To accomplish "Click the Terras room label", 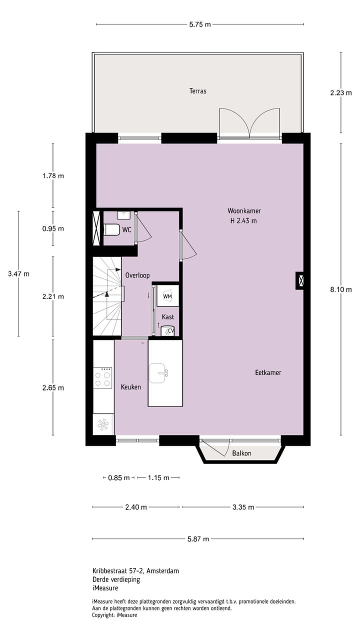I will tap(198, 91).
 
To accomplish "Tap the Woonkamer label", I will tap(244, 210).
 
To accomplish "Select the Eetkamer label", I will tap(268, 372).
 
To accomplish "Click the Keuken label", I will tap(131, 387).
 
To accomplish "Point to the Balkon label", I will tap(241, 453).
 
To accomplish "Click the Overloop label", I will tap(137, 275).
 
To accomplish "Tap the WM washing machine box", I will tap(167, 296).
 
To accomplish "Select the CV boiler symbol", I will tap(168, 330).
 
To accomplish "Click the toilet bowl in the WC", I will tap(111, 229).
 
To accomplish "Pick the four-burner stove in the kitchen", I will tap(103, 377).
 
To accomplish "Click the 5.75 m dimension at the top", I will tap(200, 24).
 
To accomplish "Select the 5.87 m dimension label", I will tap(198, 539).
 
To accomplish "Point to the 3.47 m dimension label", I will tap(18, 273).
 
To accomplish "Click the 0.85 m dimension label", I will tap(119, 477).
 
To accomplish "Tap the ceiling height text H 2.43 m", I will tap(243, 220).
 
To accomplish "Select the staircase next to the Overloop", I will tap(107, 296).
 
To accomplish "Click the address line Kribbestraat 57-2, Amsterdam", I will tap(135, 570).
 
